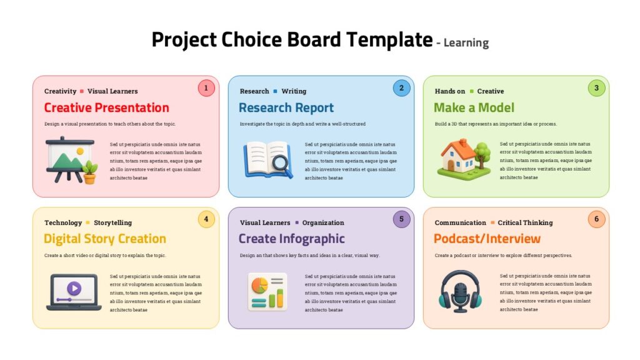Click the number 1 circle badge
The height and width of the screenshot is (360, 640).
coord(206,88)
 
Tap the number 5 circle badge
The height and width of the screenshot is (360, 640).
coord(401,219)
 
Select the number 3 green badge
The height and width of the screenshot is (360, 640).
coord(596,88)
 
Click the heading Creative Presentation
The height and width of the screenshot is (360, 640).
coord(106,107)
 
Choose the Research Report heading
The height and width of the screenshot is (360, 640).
coord(286,107)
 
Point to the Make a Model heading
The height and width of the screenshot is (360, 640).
coord(474,107)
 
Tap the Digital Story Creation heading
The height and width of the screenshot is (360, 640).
coord(105,239)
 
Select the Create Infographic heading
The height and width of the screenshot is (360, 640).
coord(292,239)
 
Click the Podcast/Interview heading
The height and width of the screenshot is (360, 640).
coord(487,239)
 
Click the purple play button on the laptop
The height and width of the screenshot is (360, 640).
coord(74,288)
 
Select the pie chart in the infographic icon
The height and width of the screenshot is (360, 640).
coord(259,285)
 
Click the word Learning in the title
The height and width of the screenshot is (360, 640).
coord(466,43)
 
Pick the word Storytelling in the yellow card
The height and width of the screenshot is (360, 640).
coord(112,222)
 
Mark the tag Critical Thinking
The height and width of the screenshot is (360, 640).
coord(525,222)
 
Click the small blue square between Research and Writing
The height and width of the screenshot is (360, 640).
coord(275,91)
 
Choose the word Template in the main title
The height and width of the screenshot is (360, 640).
coord(389,40)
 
